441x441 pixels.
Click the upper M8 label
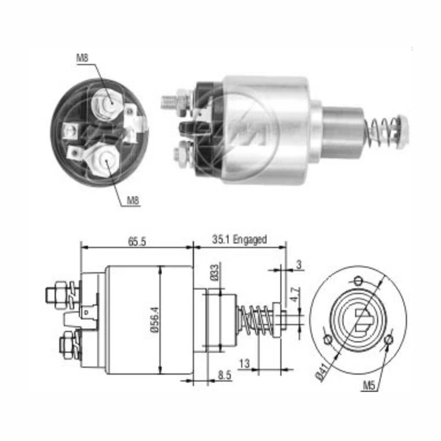click(83, 58)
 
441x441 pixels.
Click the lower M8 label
click(133, 200)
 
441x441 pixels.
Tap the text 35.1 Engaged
click(239, 239)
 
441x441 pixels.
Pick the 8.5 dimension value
click(225, 375)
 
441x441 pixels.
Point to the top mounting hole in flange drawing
click(359, 281)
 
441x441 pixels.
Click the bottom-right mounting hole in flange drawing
click(389, 339)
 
